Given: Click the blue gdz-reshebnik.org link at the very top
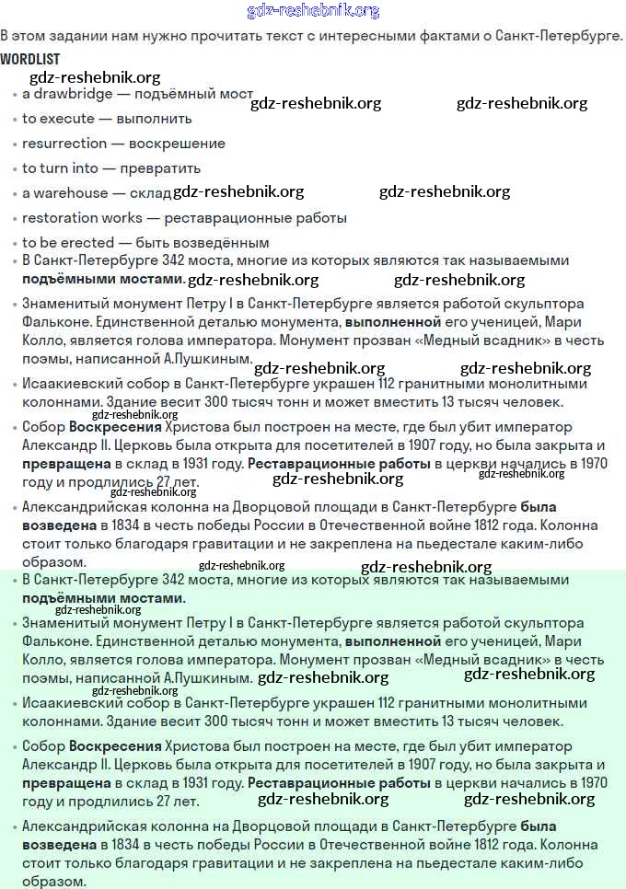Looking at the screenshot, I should point(313,11).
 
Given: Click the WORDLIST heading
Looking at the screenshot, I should point(30,59).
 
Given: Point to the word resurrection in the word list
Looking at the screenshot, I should point(64,144).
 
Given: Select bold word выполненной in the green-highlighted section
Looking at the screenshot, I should point(393,641).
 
